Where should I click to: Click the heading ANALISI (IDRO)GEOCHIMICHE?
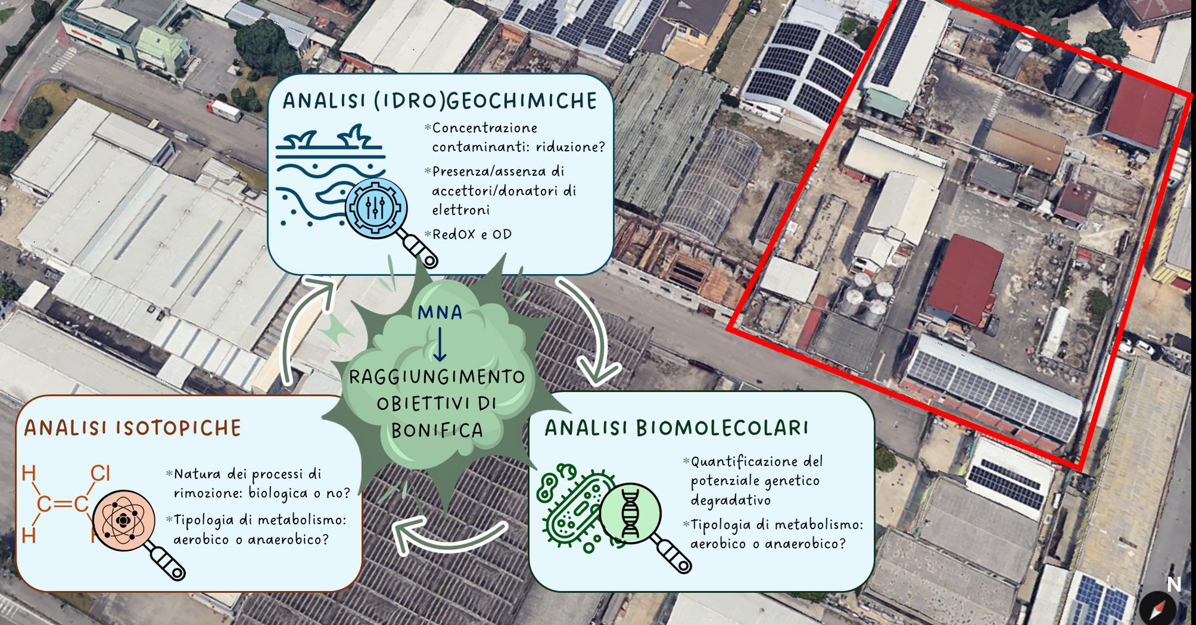[440, 101]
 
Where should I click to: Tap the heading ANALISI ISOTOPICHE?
[133, 428]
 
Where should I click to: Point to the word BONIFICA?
[437, 430]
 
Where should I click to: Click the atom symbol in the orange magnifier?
[123, 520]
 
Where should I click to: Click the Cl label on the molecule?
[101, 473]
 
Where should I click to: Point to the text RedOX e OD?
[472, 234]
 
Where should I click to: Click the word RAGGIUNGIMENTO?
[437, 377]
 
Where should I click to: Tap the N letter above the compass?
[1173, 584]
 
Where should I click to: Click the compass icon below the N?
[1158, 610]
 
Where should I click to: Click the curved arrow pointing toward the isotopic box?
[447, 536]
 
